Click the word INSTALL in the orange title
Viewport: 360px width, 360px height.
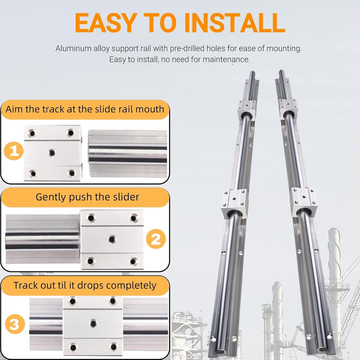pyautogui.click(x=234, y=22)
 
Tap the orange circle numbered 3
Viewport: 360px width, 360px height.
pyautogui.click(x=14, y=325)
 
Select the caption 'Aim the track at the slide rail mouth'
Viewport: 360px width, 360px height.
pyautogui.click(x=84, y=109)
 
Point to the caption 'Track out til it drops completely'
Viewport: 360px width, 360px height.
pyautogui.click(x=84, y=285)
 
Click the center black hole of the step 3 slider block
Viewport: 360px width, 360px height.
pyautogui.click(x=93, y=323)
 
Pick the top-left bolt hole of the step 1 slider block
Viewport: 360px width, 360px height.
pyautogui.click(x=32, y=133)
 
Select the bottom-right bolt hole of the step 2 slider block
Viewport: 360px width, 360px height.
pyautogui.click(x=133, y=261)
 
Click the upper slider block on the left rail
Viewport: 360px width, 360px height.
pyautogui.click(x=246, y=107)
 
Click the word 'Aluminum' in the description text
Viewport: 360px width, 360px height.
pyautogui.click(x=71, y=49)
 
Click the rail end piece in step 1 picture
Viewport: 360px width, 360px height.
pyautogui.click(x=127, y=153)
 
